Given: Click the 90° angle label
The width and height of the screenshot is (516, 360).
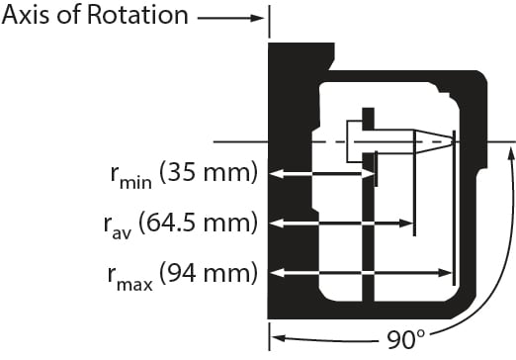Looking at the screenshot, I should pyautogui.click(x=406, y=341).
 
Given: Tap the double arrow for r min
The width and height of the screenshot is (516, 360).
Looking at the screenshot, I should pyautogui.click(x=322, y=174).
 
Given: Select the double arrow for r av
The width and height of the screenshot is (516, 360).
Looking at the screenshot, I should pyautogui.click(x=340, y=224).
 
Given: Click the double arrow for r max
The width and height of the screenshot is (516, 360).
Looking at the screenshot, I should pyautogui.click(x=360, y=271).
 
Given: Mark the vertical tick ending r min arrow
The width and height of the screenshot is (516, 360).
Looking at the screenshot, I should pyautogui.click(x=377, y=174).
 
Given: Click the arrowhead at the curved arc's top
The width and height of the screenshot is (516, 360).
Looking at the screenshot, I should pyautogui.click(x=510, y=148).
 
